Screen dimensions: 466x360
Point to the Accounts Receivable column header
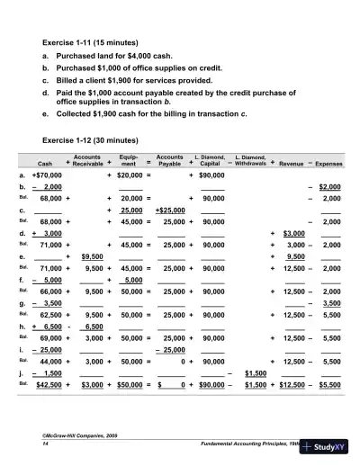[87, 160]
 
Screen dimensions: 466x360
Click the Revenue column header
[292, 163]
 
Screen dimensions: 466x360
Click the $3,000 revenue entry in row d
[294, 232]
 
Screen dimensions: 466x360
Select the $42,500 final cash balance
[48, 384]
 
